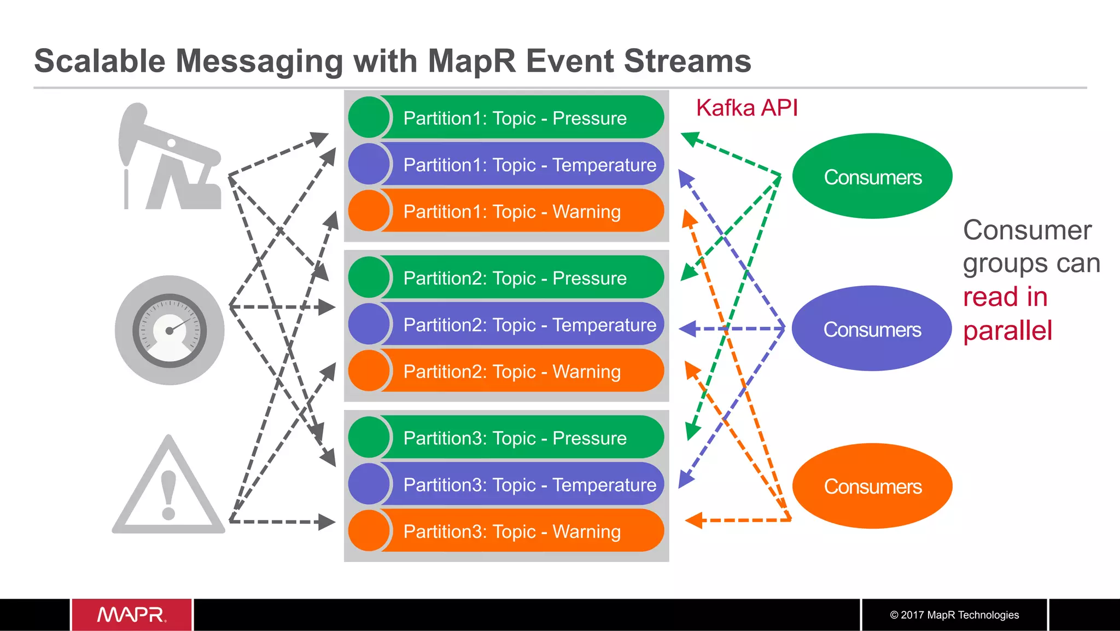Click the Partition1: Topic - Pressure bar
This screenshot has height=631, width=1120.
tap(514, 118)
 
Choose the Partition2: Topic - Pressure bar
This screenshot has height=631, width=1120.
tap(514, 278)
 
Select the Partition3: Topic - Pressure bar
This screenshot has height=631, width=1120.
tap(514, 438)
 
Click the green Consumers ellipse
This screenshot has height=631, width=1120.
tap(872, 177)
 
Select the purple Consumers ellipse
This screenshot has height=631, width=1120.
tap(872, 329)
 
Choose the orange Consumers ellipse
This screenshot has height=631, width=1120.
tap(872, 486)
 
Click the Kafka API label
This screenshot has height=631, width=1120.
tap(746, 108)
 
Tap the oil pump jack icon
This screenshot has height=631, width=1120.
tap(170, 159)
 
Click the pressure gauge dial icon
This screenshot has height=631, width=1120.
tap(170, 330)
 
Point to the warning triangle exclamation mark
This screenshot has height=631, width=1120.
tap(168, 494)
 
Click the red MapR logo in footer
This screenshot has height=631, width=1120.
tap(131, 615)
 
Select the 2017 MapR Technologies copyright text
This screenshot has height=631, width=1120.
tap(954, 615)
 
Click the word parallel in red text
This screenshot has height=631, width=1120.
tap(1007, 331)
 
